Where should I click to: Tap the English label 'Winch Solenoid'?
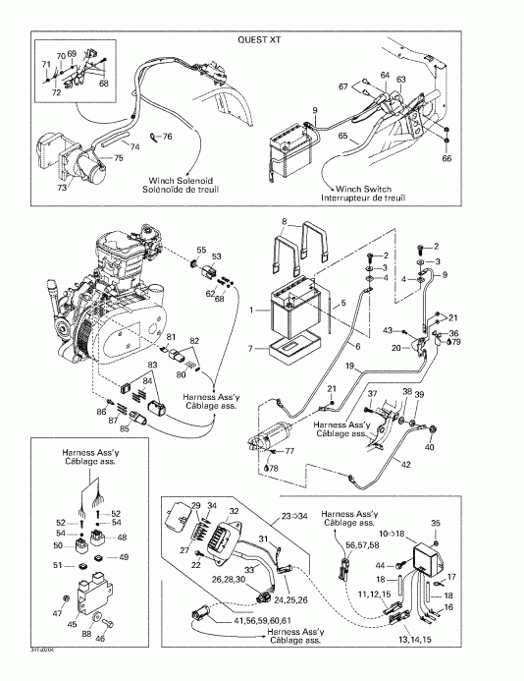175,180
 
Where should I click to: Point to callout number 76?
167,136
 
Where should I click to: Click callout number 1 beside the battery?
254,312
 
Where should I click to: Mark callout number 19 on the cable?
348,366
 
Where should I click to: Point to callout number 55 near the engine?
201,252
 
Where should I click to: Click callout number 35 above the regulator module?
437,524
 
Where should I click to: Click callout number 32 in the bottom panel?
233,512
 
